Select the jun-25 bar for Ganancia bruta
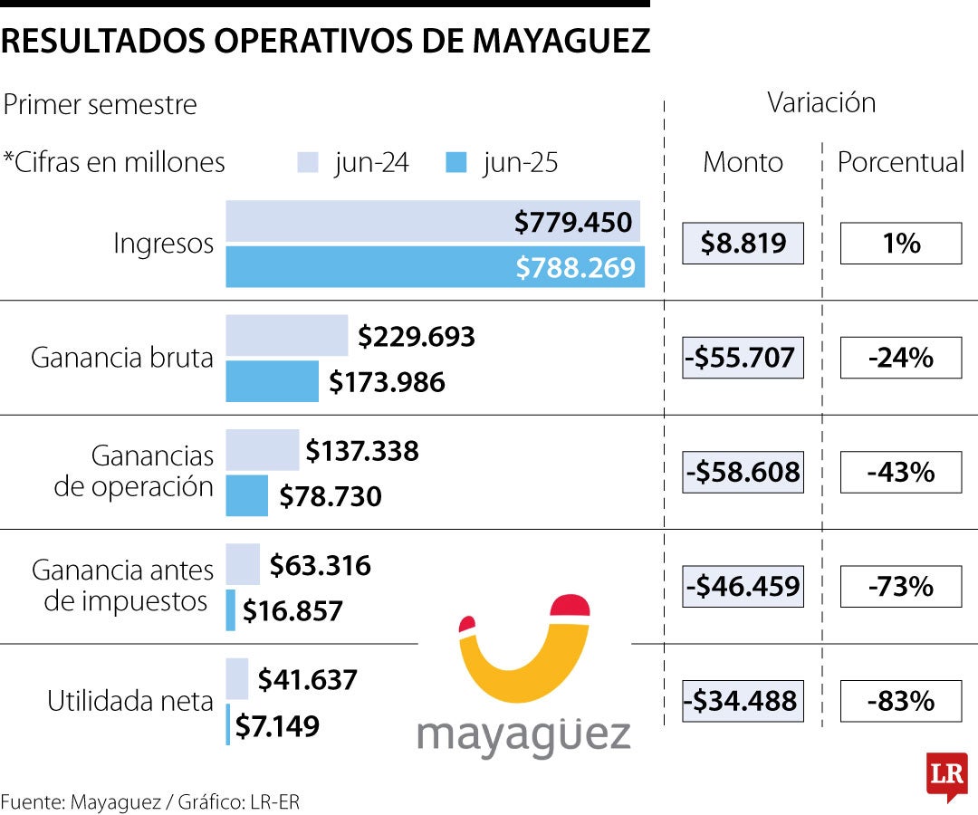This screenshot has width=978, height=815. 272,381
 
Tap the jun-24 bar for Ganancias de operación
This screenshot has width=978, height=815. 262,450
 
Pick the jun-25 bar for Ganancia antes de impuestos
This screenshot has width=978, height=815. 231,610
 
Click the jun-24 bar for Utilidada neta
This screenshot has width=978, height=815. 236,678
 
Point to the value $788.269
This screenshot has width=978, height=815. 576,267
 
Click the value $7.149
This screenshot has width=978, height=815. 277,725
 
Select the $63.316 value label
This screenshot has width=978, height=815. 320,566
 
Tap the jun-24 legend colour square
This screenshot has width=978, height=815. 308,163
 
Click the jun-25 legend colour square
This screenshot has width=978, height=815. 457,163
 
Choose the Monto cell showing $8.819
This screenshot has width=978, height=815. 743,243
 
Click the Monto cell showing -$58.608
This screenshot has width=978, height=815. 743,472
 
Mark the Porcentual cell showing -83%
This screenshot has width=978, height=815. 900,701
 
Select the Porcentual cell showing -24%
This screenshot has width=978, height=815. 900,358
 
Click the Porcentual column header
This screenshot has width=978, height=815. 900,162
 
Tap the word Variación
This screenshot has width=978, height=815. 821,102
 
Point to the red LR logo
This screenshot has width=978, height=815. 946,776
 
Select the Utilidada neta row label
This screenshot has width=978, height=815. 129,701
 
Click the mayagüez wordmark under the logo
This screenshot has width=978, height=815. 523,735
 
